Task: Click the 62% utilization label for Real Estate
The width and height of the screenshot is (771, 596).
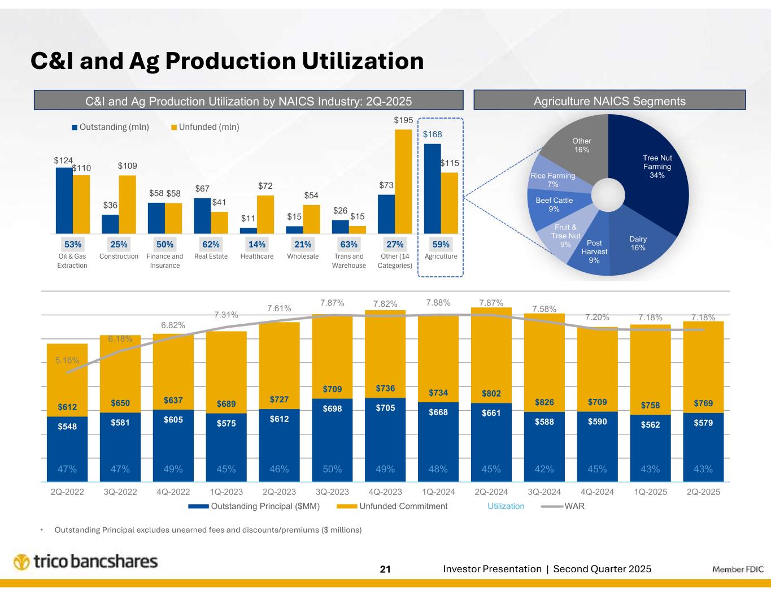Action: click(211, 245)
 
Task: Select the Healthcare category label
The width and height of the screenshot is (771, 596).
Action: click(257, 256)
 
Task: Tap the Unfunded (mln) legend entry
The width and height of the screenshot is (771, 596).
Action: click(205, 127)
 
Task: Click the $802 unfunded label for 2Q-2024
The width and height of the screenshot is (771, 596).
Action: click(491, 393)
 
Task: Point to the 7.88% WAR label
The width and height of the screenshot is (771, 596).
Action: click(438, 303)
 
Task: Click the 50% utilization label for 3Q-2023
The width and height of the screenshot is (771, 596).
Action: click(332, 469)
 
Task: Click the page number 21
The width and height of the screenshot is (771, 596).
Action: click(385, 569)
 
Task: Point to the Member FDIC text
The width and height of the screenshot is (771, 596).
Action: click(738, 569)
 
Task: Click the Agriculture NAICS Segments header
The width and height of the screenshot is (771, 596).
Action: click(609, 101)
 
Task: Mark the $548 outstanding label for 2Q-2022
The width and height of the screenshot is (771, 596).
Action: click(67, 427)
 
